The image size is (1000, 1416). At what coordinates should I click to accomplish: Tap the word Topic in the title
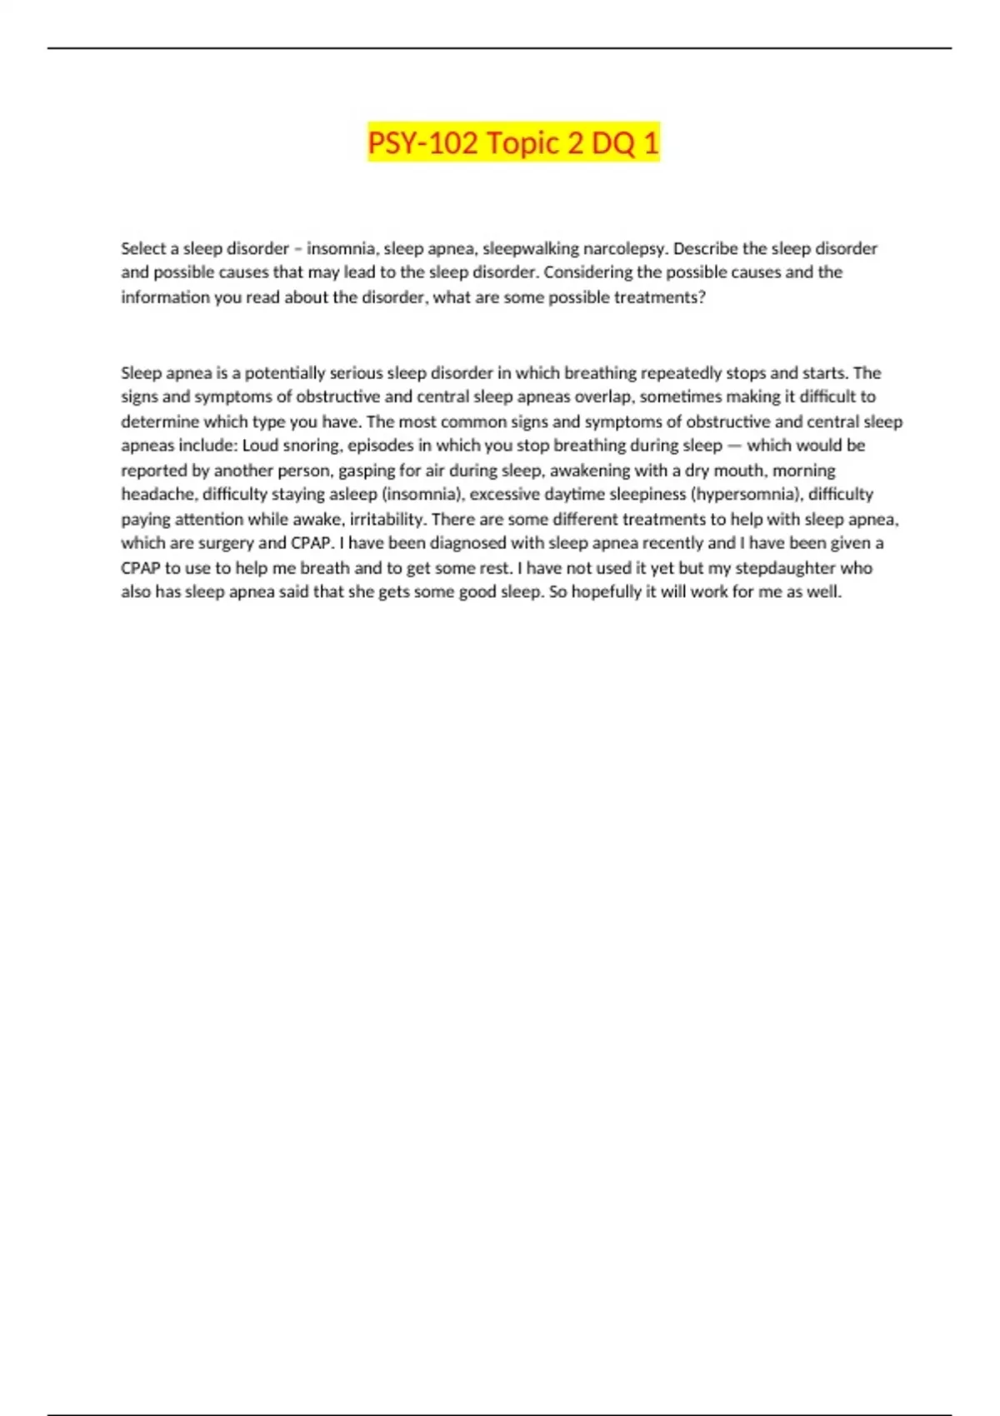point(522,143)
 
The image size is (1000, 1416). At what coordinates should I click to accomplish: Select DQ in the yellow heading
point(612,143)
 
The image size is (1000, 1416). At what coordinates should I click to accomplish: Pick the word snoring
point(311,446)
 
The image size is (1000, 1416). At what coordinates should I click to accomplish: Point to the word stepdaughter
point(785,568)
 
